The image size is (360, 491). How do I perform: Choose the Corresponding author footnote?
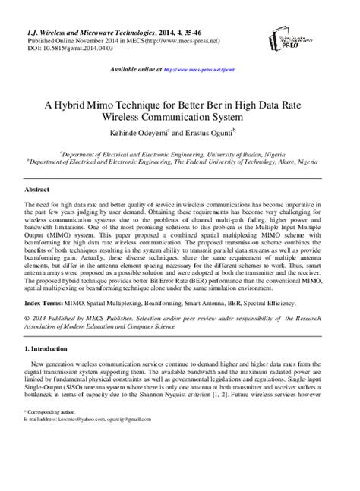(52, 452)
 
